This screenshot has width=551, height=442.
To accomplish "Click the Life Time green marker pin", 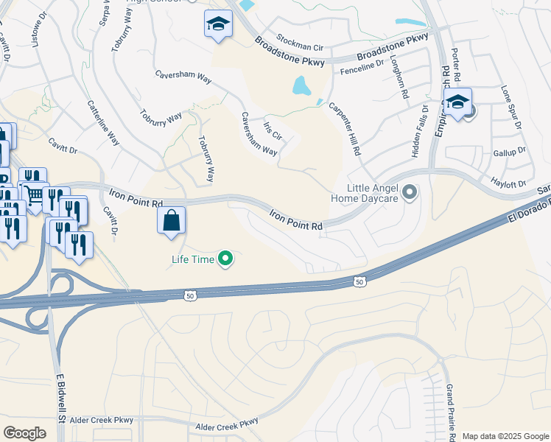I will pyautogui.click(x=227, y=259).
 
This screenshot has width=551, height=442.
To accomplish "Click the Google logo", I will pyautogui.click(x=24, y=432).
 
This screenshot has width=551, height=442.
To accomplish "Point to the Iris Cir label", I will pyautogui.click(x=272, y=130).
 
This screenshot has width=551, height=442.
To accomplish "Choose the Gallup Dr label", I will pyautogui.click(x=509, y=152).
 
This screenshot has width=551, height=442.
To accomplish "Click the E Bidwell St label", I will pyautogui.click(x=63, y=407).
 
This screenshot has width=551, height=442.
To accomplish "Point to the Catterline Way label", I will pyautogui.click(x=105, y=122).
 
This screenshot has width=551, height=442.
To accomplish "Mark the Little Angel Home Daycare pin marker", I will pyautogui.click(x=410, y=193).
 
